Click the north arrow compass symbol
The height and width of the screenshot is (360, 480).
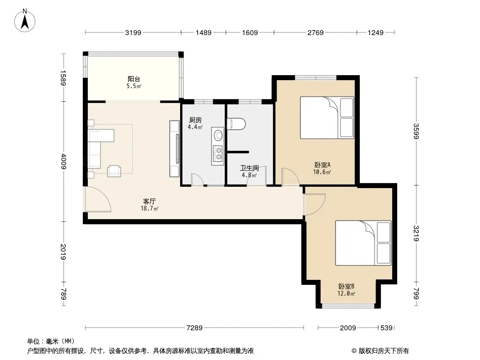25,20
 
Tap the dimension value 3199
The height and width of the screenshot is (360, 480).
133,32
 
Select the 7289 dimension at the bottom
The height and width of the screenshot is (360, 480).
195,328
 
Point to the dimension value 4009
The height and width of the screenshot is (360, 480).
63,162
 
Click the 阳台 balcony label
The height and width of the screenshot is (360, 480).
134,79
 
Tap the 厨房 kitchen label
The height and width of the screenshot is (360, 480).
195,120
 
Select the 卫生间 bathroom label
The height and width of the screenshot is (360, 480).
249,168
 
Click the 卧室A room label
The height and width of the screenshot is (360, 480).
322,165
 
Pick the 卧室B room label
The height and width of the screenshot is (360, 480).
346,287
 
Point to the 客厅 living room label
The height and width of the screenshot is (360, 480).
149,201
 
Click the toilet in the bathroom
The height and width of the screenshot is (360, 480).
236,124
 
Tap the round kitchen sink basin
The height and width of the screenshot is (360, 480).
218,135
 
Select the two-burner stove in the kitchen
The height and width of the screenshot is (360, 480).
218,154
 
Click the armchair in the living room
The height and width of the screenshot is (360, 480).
114,171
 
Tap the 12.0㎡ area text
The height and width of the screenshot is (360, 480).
346,294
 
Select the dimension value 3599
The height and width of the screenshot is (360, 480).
416,131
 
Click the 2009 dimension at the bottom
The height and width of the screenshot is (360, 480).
348,328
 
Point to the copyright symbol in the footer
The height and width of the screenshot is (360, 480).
354,351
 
